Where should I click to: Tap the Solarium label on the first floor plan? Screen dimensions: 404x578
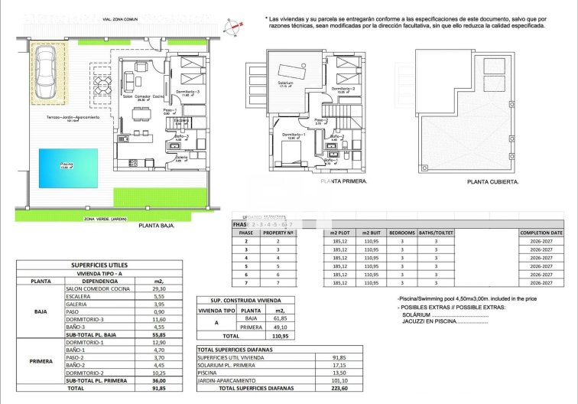(285, 83)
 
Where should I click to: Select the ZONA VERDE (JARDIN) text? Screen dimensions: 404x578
(106, 218)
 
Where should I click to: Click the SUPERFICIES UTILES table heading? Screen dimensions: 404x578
(99, 265)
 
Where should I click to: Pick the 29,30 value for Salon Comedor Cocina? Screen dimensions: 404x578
(149, 289)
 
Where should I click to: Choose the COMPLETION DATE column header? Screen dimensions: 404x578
(541, 232)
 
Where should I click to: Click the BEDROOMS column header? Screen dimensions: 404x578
(401, 232)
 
